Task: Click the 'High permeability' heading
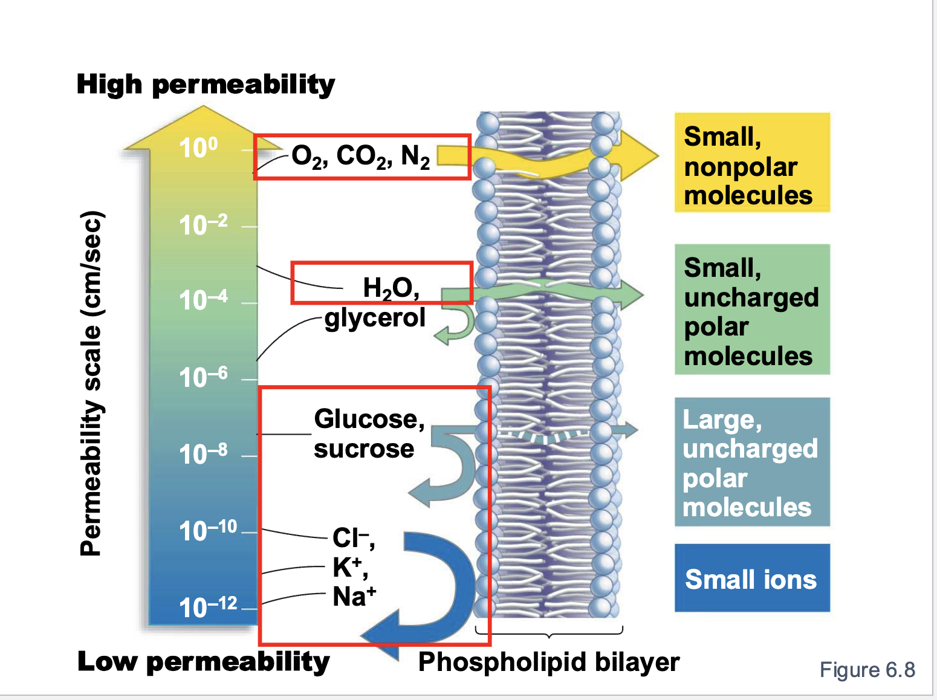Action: (206, 85)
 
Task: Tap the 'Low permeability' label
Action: (204, 662)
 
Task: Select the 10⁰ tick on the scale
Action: (198, 147)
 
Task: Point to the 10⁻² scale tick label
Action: (203, 225)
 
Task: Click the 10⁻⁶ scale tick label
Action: (203, 378)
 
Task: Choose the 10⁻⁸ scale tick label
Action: (203, 454)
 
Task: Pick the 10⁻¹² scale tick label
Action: (208, 607)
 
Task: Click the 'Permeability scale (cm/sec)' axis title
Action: (92, 383)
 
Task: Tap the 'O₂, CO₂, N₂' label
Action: (360, 157)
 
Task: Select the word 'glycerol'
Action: (375, 318)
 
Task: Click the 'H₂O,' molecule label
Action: (391, 288)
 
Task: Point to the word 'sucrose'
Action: (364, 449)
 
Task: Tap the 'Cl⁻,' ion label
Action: (353, 537)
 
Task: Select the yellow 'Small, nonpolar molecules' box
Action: (752, 163)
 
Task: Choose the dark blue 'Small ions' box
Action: (752, 578)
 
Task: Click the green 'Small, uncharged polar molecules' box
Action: (752, 309)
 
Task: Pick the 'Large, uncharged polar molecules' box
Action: (752, 462)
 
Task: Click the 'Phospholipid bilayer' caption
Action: (548, 663)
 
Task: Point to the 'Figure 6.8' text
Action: (867, 670)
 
